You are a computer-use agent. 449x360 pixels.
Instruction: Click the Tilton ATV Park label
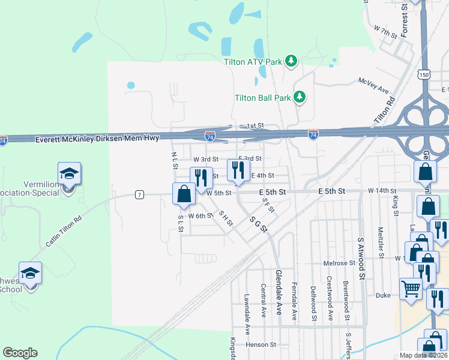pyautogui.click(x=253, y=61)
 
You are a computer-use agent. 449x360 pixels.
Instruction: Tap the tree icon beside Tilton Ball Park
pyautogui.click(x=299, y=97)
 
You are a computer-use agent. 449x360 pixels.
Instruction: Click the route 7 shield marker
pyautogui.click(x=139, y=194)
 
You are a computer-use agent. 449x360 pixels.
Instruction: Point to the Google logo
pyautogui.click(x=20, y=353)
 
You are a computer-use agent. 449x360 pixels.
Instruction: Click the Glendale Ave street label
pyautogui.click(x=279, y=296)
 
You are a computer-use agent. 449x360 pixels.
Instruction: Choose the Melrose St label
pyautogui.click(x=340, y=263)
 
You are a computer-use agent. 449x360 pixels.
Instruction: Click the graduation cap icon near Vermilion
pyautogui.click(x=69, y=173)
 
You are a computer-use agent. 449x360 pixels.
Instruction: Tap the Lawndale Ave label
pyautogui.click(x=247, y=314)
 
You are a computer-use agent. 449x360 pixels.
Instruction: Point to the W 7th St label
pyautogui.click(x=385, y=32)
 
